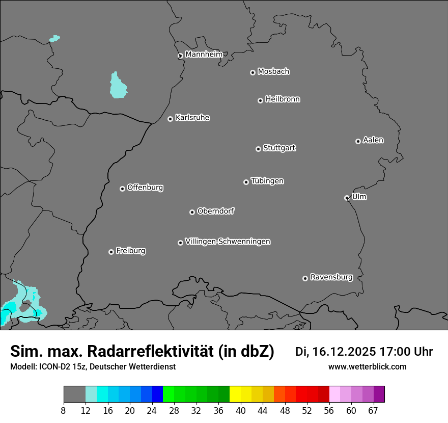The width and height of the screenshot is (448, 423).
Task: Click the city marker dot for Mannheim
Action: point(180,56)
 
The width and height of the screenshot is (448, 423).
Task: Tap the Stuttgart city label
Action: point(279,148)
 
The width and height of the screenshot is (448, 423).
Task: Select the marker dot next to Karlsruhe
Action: point(171,119)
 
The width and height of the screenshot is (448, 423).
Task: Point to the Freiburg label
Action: point(130,251)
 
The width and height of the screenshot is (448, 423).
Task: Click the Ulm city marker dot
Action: point(347,198)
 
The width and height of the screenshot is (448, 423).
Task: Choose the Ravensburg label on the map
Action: point(331,277)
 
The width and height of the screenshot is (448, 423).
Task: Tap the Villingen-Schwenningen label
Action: point(228,242)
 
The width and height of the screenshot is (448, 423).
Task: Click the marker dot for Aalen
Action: point(358,141)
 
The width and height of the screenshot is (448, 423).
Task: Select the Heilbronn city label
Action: point(283,99)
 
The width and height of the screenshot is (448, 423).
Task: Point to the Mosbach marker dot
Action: point(253,72)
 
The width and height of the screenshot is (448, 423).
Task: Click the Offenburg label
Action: point(145,188)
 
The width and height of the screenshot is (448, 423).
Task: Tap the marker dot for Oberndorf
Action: point(192,212)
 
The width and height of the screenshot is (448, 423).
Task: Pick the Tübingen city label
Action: point(267,181)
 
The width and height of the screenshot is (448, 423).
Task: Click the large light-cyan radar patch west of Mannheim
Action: point(118,86)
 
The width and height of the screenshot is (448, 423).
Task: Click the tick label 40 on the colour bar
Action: point(240,411)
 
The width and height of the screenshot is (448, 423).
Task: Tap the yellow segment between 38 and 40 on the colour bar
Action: point(235,394)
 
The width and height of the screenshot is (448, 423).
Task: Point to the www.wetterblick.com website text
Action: point(367,367)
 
